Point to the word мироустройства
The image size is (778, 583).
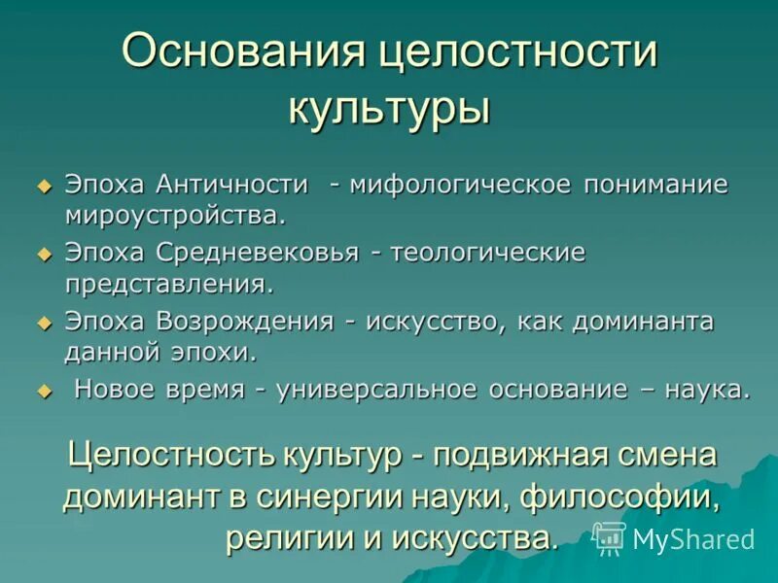175,212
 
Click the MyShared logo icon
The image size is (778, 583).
610,537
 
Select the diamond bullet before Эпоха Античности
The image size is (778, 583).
44,185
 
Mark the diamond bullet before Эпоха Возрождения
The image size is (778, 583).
44,322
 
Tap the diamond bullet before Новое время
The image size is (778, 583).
44,391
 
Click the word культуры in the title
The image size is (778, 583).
389,107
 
